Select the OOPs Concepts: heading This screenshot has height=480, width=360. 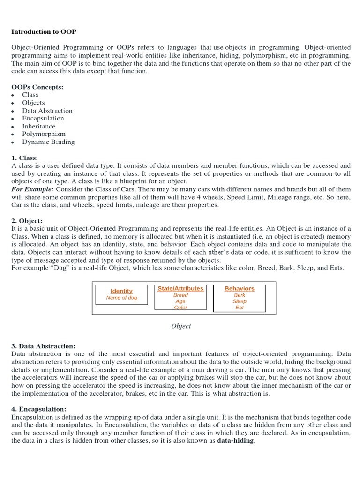tap(37, 87)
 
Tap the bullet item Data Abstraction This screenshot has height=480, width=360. tap(47, 111)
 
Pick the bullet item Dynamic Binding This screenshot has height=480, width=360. tap(48, 142)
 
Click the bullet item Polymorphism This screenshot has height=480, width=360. tap(44, 134)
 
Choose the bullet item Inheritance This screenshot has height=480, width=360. tap(38, 126)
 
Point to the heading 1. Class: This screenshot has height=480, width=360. tap(24, 158)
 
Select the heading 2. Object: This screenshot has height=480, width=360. tap(27, 221)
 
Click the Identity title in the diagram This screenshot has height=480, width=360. tap(121, 291)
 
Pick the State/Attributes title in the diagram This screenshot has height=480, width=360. tap(180, 288)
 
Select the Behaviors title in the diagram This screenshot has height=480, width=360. tap(240, 288)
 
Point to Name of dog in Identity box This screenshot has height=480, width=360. tap(121, 298)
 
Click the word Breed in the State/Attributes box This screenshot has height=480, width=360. tap(180, 295)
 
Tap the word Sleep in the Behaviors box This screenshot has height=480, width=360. tap(240, 301)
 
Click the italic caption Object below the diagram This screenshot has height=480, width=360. tap(181, 326)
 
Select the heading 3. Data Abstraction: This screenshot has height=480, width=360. tap(43, 346)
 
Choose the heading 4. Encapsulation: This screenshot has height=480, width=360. tap(39, 409)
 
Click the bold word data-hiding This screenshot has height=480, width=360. tap(235, 441)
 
